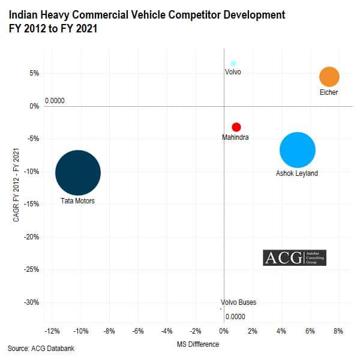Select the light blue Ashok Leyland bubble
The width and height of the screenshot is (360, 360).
point(297,150)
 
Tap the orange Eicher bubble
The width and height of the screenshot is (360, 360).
point(329,77)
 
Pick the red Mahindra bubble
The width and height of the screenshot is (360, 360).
point(236,127)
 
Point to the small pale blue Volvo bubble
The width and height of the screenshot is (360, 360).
point(233,63)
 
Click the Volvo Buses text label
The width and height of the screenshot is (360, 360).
point(238,302)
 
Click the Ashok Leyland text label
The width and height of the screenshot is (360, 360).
point(296,174)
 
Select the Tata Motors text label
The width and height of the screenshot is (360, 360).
point(77,201)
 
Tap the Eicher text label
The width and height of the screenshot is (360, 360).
point(329,93)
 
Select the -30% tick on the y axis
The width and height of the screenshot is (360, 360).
point(30,302)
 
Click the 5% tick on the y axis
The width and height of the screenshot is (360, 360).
point(33,74)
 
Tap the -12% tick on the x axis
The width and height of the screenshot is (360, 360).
point(52,331)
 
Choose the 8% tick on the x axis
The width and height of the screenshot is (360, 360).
point(338,331)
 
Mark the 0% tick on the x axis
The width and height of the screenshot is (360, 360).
point(223,331)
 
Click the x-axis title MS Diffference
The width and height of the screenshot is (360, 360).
point(195,344)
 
